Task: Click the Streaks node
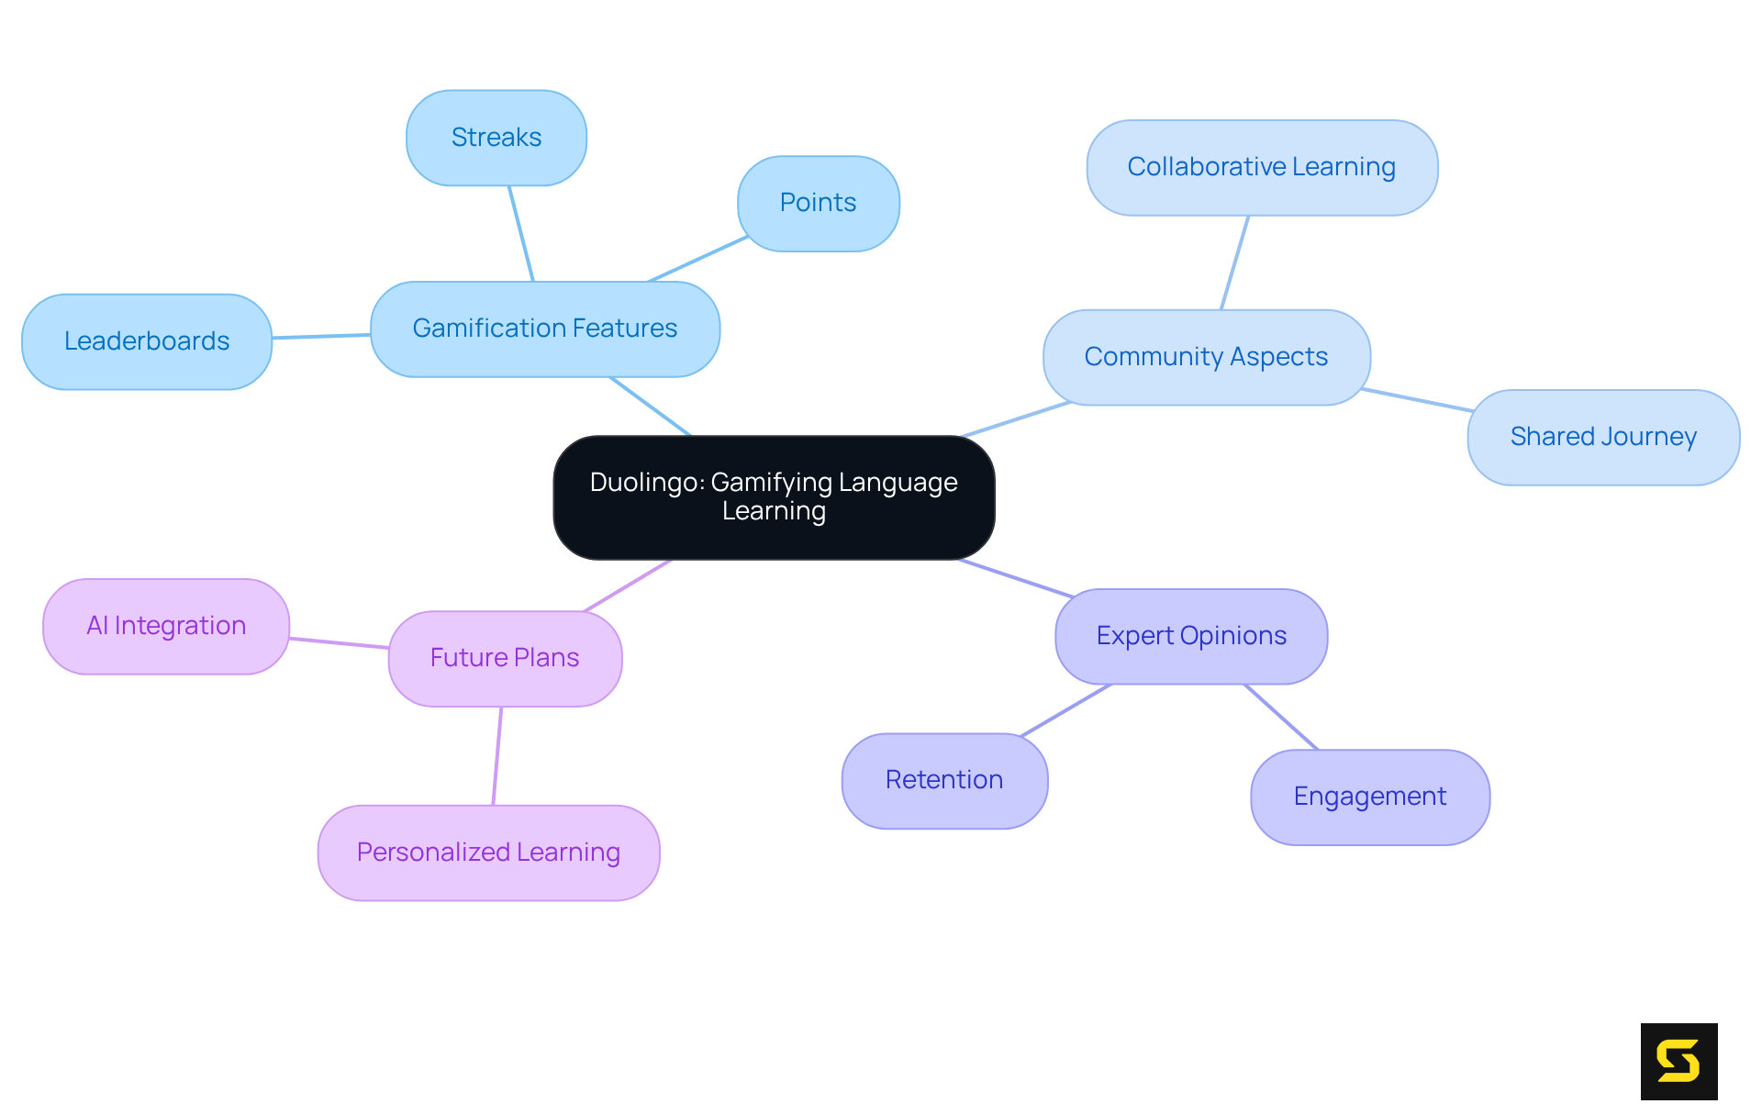click(496, 138)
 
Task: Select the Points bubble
click(818, 203)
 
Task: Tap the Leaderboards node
click(147, 341)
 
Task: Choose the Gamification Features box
click(545, 329)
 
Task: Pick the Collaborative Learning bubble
click(1262, 167)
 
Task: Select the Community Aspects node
click(1206, 357)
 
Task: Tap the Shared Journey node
click(1603, 437)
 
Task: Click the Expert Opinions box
click(1191, 636)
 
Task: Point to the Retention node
click(944, 780)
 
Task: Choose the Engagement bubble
click(1370, 797)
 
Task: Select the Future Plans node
click(505, 658)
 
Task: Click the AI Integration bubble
click(166, 626)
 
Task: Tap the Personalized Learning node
click(488, 853)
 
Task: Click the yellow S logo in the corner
click(1678, 1061)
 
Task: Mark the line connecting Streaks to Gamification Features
click(521, 233)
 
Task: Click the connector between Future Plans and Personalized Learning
click(497, 756)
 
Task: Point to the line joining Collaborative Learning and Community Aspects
click(1235, 262)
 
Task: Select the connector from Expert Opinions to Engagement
click(1281, 717)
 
